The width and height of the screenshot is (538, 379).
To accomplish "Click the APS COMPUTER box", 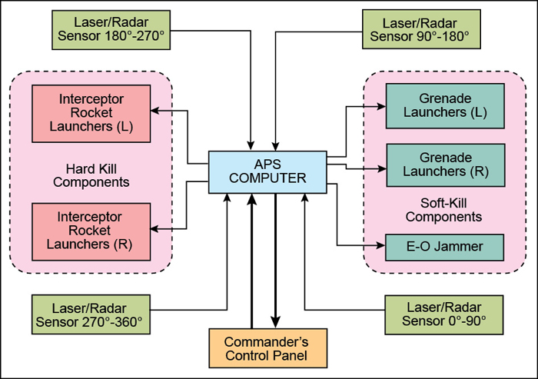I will pos(268,171).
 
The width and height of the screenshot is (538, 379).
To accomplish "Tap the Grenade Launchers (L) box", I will pos(445,106).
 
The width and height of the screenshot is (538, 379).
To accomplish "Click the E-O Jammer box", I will pos(445,247).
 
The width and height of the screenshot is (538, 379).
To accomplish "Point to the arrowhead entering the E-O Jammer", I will pos(380,247).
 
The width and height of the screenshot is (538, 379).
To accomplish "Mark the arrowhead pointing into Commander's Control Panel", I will pos(276,324).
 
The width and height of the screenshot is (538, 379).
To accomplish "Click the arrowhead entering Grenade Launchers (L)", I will pos(380,107).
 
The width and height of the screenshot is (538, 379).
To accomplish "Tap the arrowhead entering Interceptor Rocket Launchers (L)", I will pos(155,111).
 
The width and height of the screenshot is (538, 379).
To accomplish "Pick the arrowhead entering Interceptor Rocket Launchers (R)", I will pos(155,229).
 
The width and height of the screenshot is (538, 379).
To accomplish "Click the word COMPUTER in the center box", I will pos(268,179).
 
